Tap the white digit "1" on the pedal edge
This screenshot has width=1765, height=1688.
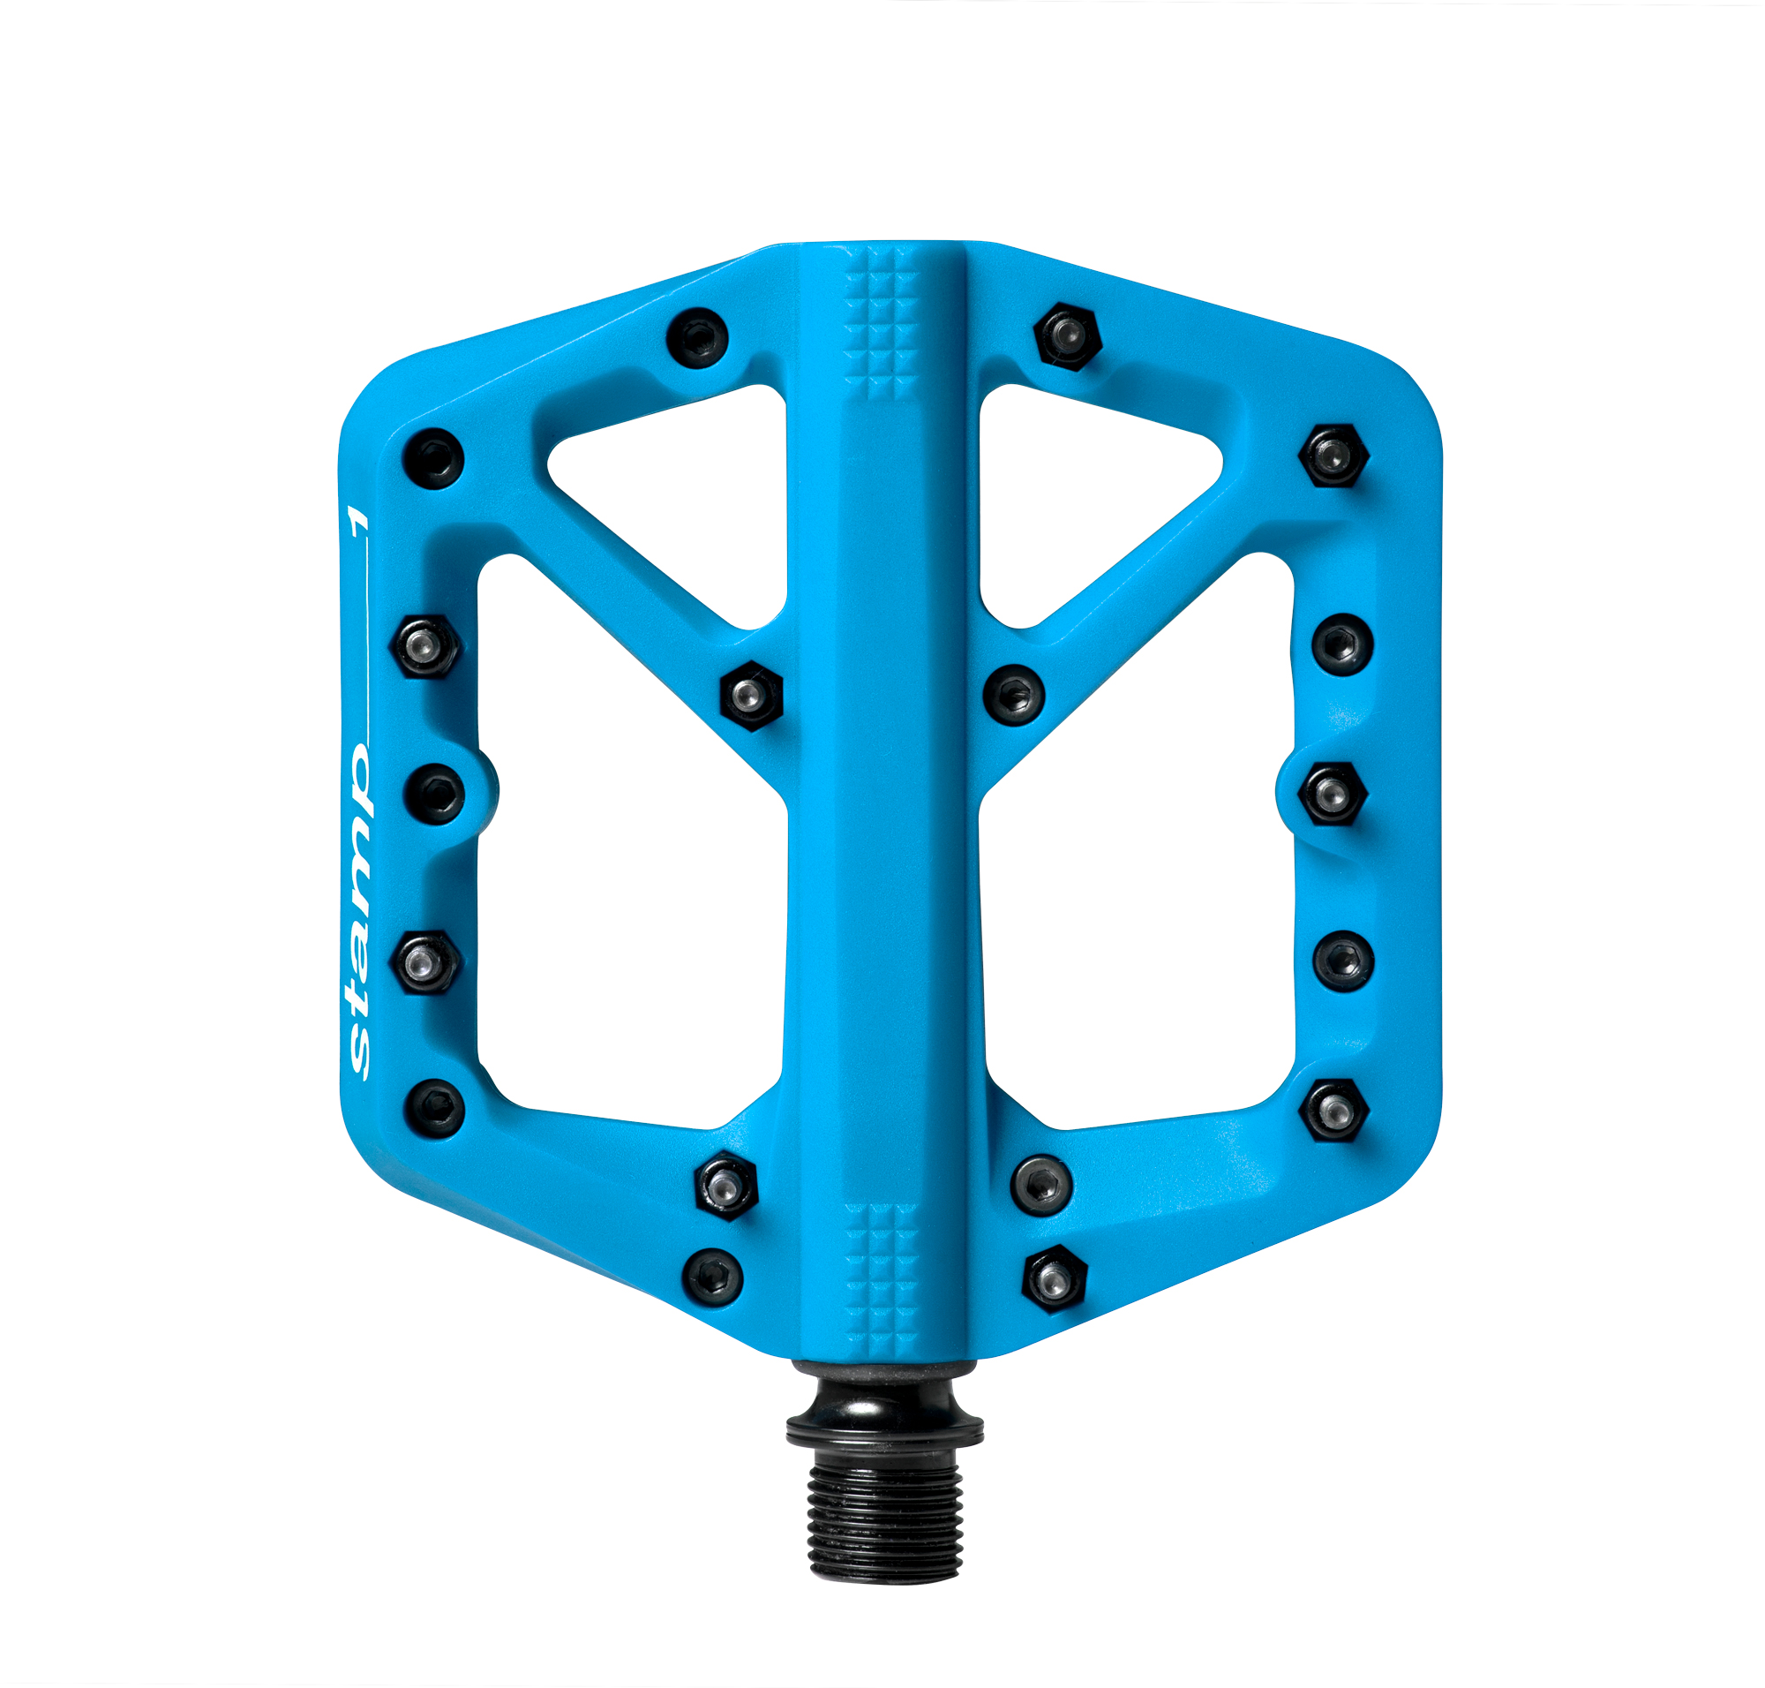[358, 519]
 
